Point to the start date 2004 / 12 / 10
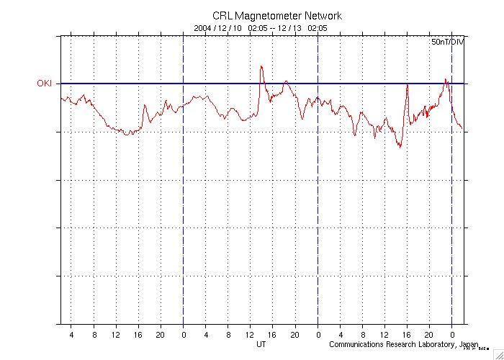tap(218, 28)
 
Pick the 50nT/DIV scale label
tap(448, 42)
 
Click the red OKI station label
tap(45, 84)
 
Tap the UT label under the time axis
tap(261, 344)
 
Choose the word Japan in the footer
tap(469, 344)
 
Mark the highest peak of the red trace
tap(261, 66)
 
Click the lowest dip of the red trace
tap(400, 148)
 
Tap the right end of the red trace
tap(462, 129)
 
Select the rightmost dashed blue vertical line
tap(452, 180)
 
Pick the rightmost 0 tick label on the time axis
tap(452, 334)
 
